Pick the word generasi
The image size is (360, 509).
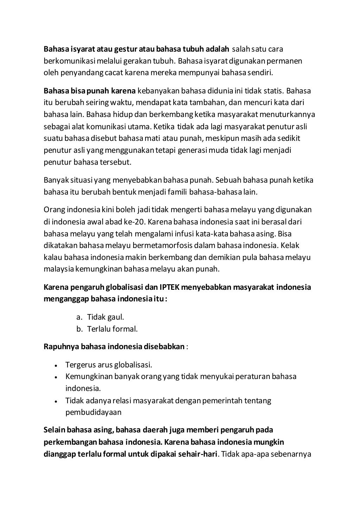point(192,151)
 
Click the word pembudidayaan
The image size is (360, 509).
point(93,412)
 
